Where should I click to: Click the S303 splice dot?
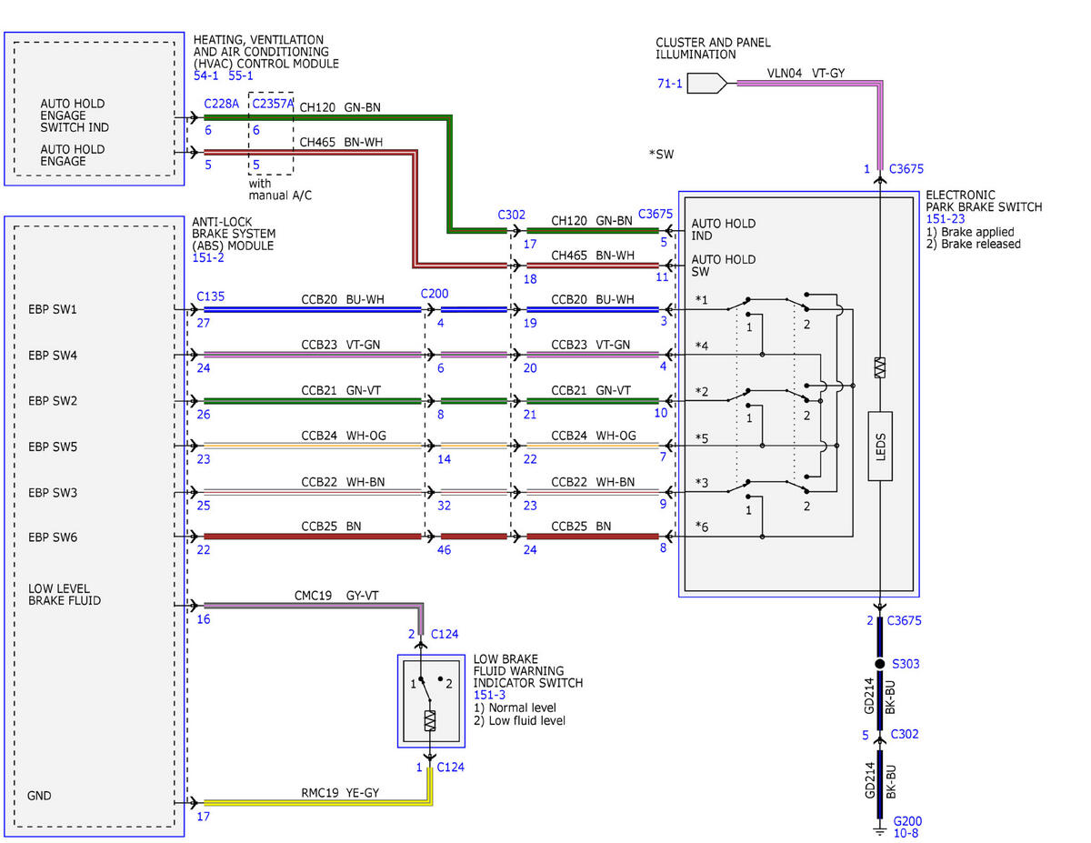pyautogui.click(x=879, y=663)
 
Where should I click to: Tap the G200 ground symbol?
pyautogui.click(x=879, y=828)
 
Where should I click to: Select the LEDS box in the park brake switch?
pyautogui.click(x=880, y=446)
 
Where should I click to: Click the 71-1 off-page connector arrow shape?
pyautogui.click(x=706, y=84)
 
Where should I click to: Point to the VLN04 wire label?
pyautogui.click(x=784, y=74)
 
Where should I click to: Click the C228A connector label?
pyautogui.click(x=221, y=104)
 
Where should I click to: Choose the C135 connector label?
pyautogui.click(x=210, y=296)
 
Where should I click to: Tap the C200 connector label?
pyautogui.click(x=435, y=293)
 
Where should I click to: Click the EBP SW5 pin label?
pyautogui.click(x=53, y=447)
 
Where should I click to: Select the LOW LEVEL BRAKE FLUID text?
pyautogui.click(x=65, y=595)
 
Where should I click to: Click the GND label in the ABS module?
pyautogui.click(x=39, y=796)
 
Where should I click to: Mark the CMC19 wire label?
pyautogui.click(x=313, y=596)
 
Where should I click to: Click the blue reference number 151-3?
pyautogui.click(x=489, y=695)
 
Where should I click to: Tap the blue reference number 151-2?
pyautogui.click(x=208, y=257)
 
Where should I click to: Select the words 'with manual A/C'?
pyautogui.click(x=280, y=189)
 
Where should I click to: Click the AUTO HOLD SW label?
pyautogui.click(x=723, y=266)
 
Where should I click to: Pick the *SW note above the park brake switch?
pyautogui.click(x=661, y=154)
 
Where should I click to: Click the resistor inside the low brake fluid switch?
pyautogui.click(x=430, y=720)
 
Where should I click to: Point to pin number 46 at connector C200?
pyautogui.click(x=444, y=550)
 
